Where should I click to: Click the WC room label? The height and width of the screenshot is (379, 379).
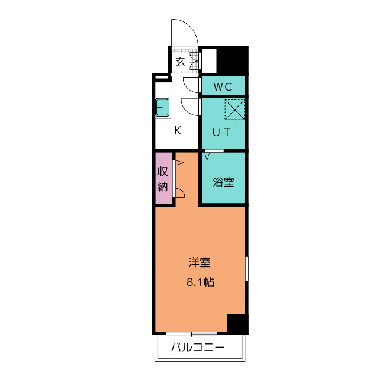point(223,87)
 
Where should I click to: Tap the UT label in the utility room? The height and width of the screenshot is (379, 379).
point(221,132)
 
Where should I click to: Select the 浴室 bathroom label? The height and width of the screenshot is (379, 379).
point(223,182)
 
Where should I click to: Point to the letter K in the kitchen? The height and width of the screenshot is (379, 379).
point(178,130)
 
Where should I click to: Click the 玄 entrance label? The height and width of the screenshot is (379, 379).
point(180,62)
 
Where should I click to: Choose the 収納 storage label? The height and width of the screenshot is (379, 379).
point(162,179)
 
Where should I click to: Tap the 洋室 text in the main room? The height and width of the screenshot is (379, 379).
point(200,262)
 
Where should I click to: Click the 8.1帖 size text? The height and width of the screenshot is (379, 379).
point(200,282)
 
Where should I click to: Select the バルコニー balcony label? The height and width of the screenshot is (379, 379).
point(198,348)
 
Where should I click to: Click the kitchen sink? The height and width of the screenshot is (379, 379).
point(162,107)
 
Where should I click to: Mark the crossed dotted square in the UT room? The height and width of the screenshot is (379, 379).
point(235,110)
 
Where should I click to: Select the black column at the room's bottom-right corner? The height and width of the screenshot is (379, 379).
point(238,324)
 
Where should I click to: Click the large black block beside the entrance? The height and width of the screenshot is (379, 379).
point(233,59)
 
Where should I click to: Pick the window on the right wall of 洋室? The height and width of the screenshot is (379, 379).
point(247,269)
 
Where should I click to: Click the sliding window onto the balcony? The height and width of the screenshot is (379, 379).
point(191,334)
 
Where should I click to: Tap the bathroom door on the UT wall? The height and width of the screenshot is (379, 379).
point(214,151)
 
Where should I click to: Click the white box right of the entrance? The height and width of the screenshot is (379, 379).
point(209,60)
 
